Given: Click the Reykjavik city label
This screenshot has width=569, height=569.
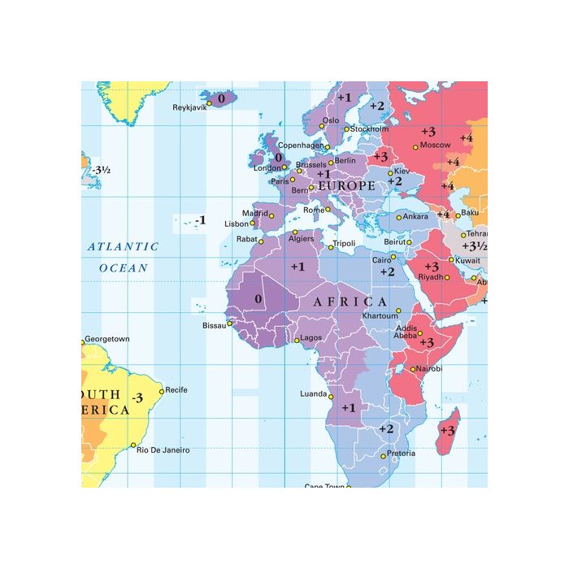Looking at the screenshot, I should click(x=189, y=107).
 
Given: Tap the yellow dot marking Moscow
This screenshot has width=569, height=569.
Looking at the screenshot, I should click(x=415, y=147).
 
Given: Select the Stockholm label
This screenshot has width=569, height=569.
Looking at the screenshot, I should click(x=371, y=128).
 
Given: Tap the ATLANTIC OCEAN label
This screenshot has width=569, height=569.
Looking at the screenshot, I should click(x=124, y=256).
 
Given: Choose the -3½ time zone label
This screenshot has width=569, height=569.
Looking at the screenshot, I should click(x=101, y=170).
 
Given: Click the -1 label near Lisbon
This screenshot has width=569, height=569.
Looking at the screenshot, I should click(x=200, y=220).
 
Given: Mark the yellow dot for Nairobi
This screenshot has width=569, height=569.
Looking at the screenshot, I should click(x=413, y=369).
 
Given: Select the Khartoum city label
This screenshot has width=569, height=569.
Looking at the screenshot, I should click(x=380, y=315).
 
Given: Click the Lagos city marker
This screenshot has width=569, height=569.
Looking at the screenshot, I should click(x=296, y=337).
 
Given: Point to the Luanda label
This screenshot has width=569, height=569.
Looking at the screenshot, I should click(x=313, y=393).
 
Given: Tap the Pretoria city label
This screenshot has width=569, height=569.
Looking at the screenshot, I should click(x=401, y=453).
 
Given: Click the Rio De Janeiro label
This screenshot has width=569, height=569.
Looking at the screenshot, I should click(x=163, y=450).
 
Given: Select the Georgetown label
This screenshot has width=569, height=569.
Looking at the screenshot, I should click(x=107, y=338).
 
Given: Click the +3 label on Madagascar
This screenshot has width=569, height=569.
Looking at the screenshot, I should click(x=447, y=429).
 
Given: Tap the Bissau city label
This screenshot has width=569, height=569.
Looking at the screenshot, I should click(x=214, y=325).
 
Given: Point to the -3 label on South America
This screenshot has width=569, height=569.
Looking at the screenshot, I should click(x=137, y=397).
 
